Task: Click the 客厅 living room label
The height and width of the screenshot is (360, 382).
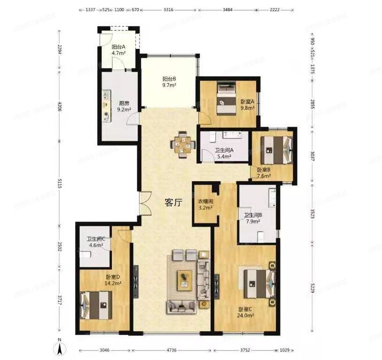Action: coord(173,203)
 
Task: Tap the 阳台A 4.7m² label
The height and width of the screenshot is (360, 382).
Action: coord(118,50)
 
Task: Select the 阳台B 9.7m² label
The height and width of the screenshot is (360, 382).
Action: coord(169,82)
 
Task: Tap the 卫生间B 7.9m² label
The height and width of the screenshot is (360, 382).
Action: coord(252,218)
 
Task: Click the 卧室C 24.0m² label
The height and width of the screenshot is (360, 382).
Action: coord(246,312)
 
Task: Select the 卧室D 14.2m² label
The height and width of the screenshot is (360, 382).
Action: coord(113,280)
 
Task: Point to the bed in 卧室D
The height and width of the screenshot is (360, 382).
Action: coord(96,305)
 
